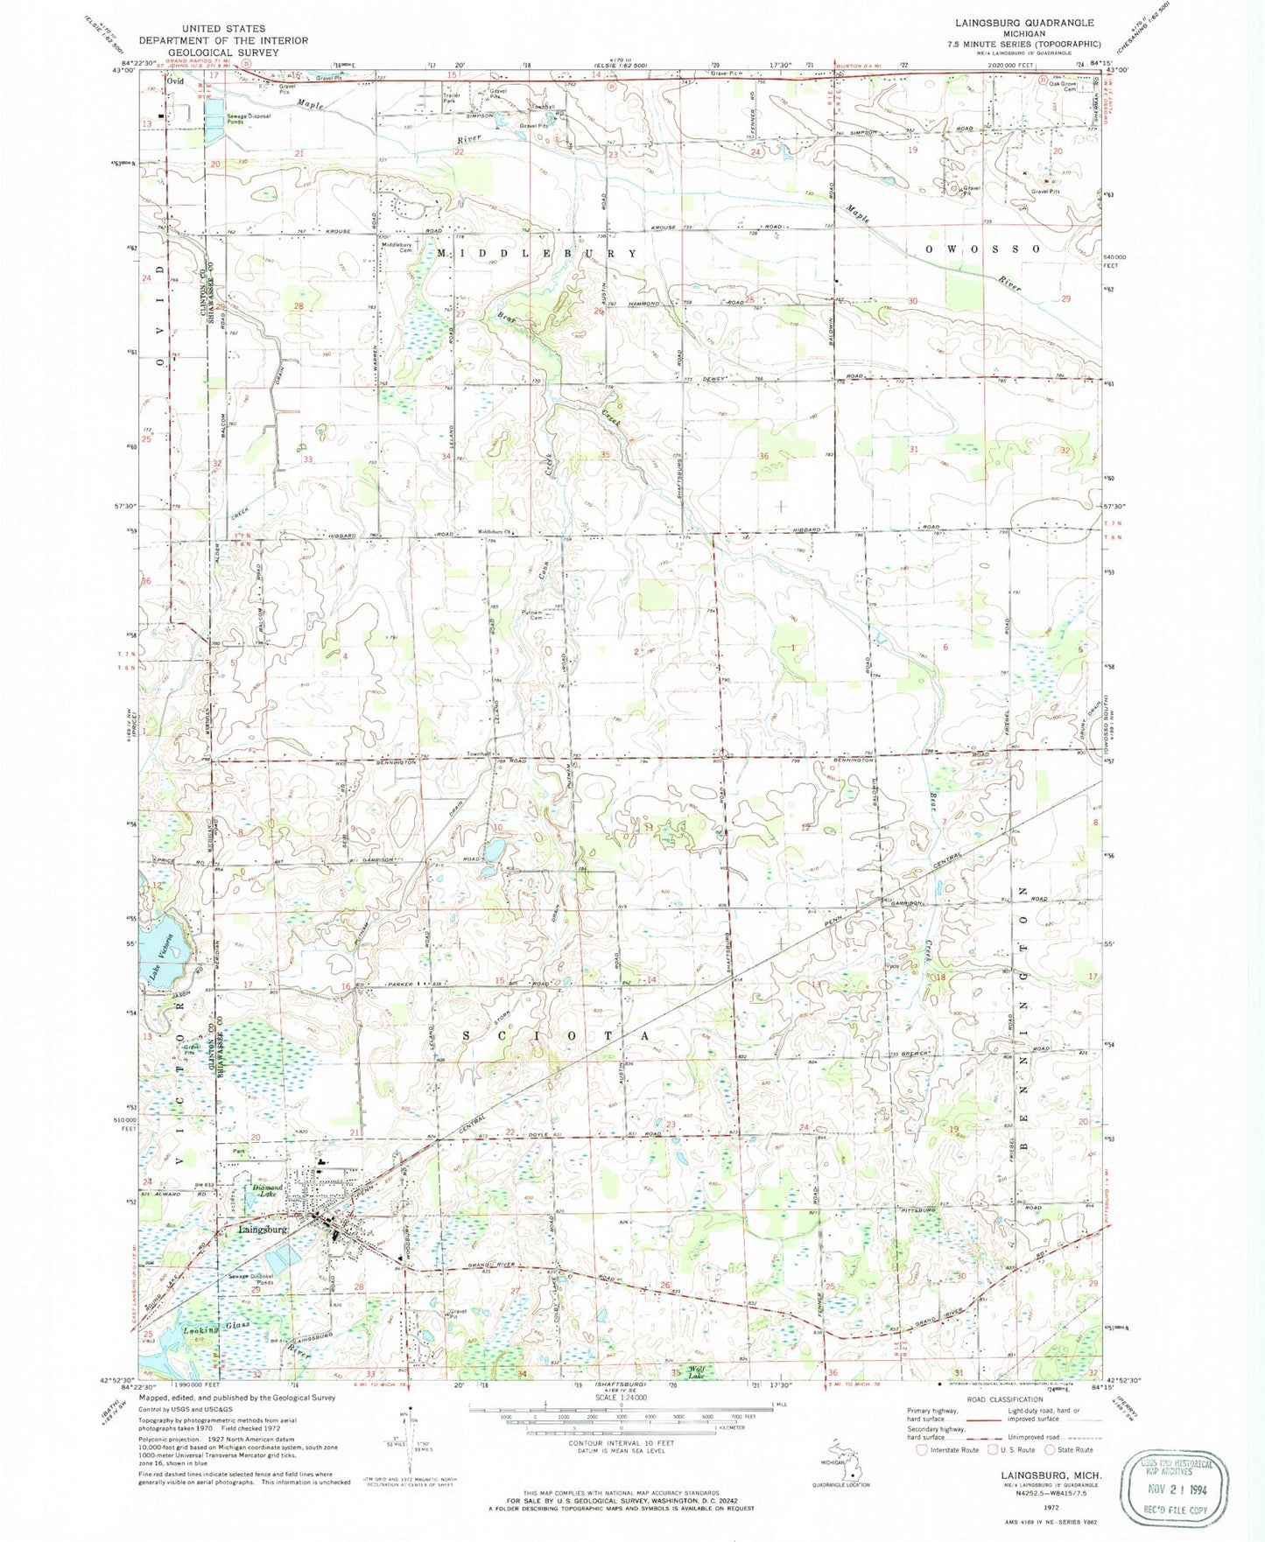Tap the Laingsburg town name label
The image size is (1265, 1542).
click(x=263, y=1229)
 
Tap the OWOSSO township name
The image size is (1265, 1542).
click(x=985, y=249)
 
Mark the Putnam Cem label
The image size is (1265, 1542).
click(x=532, y=613)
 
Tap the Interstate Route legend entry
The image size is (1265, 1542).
click(x=949, y=1450)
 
